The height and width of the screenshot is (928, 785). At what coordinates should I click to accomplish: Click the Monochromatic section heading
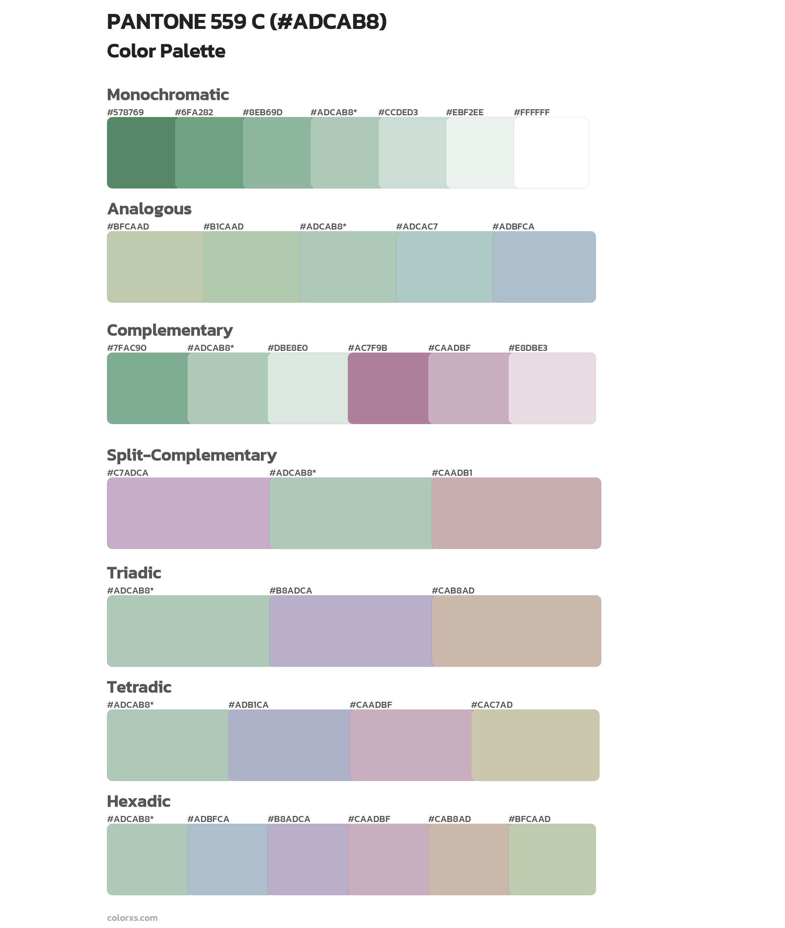click(168, 95)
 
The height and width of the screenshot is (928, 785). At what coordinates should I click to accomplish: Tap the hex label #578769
click(126, 112)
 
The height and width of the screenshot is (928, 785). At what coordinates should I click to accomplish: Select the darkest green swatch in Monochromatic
click(141, 153)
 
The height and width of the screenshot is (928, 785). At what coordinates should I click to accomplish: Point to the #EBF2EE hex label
click(465, 112)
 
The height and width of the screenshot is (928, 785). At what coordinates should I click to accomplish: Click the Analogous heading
click(149, 209)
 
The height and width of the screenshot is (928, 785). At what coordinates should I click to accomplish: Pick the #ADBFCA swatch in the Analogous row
click(544, 267)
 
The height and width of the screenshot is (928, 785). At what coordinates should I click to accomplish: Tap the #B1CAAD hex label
click(223, 227)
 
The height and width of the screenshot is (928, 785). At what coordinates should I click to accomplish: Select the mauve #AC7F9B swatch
click(388, 388)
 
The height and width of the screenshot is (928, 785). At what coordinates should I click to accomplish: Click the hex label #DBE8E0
click(288, 348)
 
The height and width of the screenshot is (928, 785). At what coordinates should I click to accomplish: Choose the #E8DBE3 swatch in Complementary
click(552, 388)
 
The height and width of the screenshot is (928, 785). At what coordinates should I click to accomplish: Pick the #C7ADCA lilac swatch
click(188, 513)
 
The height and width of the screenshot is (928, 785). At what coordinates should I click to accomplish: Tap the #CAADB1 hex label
click(452, 473)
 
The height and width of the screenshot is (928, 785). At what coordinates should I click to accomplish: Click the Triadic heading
click(134, 573)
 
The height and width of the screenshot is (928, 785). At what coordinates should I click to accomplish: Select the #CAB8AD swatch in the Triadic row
click(516, 631)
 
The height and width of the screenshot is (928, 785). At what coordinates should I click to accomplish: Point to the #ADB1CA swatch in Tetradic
click(289, 745)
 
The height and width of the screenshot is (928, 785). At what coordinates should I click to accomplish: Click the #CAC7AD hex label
click(492, 705)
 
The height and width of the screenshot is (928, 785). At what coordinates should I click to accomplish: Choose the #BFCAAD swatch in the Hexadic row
click(552, 859)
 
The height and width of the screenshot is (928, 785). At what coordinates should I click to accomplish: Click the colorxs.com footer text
click(132, 918)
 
